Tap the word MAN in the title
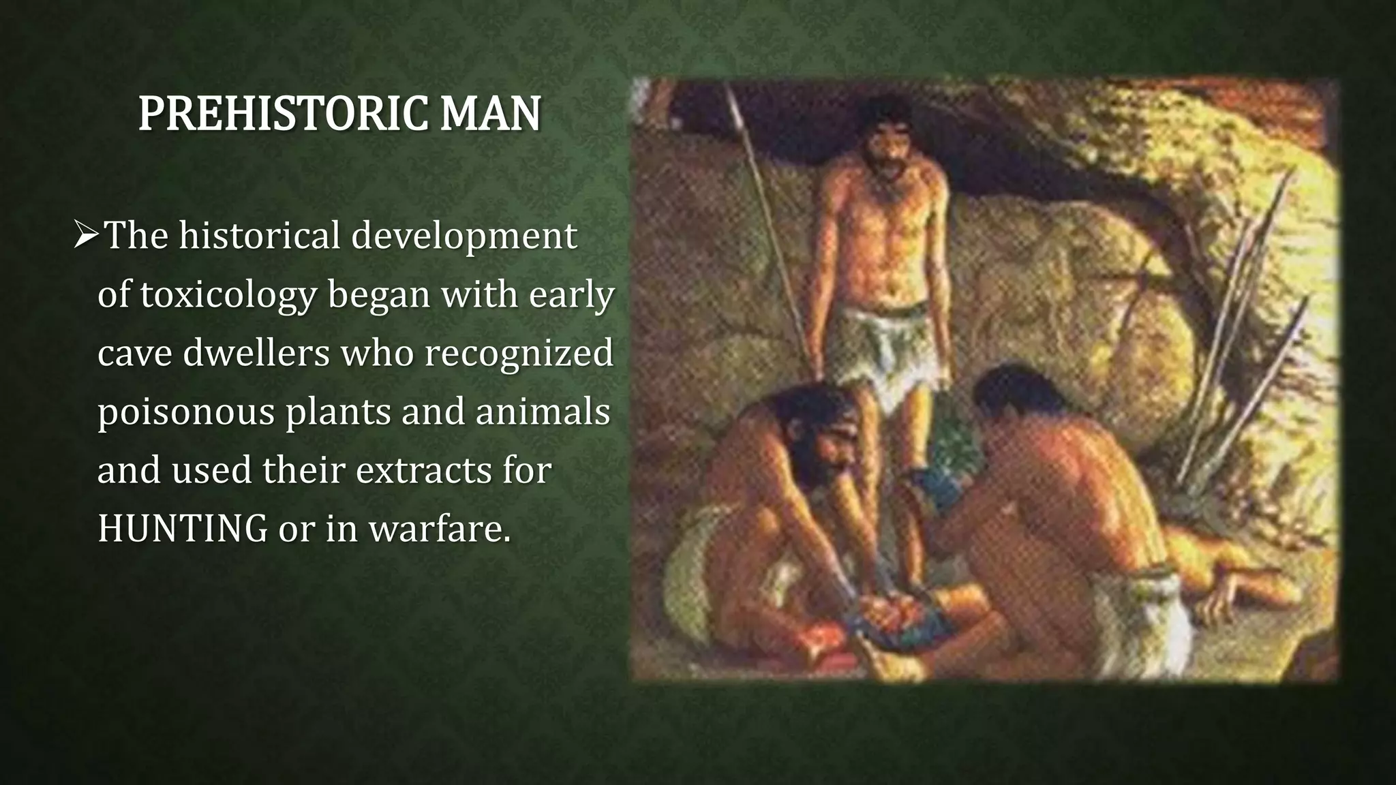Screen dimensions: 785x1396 [490, 114]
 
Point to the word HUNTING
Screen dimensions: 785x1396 [182, 528]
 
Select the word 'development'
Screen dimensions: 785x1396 [464, 236]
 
